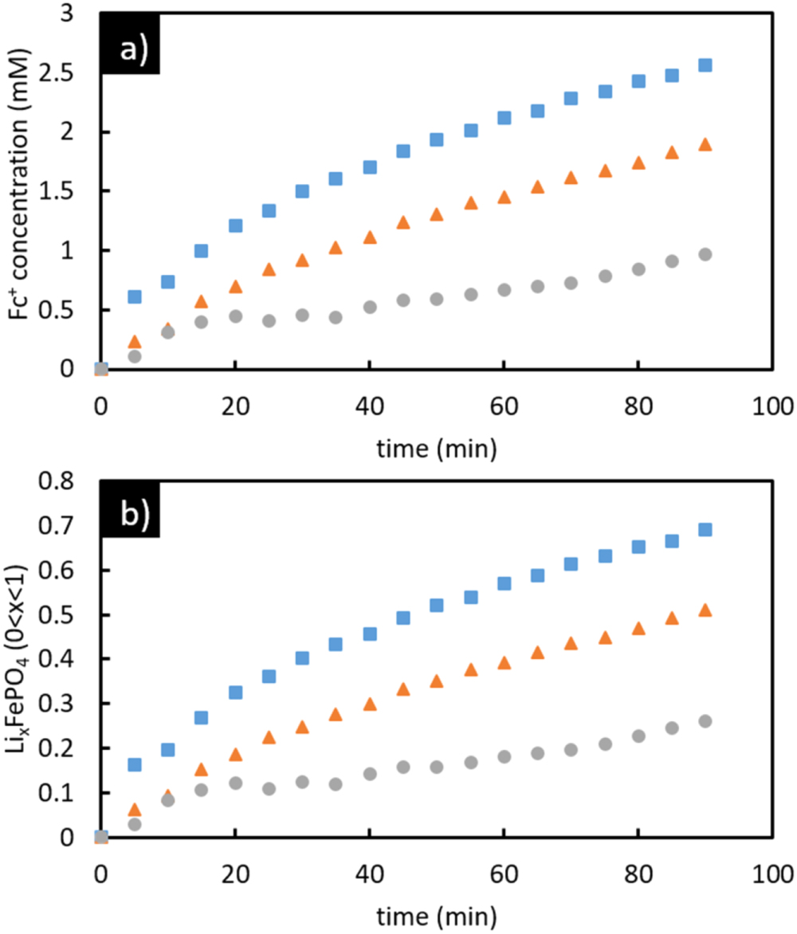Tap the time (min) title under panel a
437,449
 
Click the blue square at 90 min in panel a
705,65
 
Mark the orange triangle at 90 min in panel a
705,145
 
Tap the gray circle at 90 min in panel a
705,254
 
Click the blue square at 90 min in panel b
705,530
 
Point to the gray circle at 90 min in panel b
705,721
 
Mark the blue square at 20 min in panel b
236,693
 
